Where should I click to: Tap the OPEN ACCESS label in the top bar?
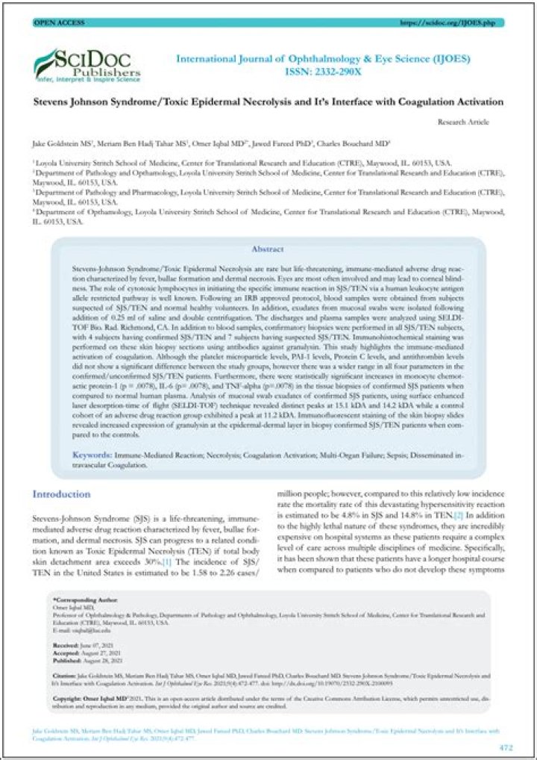coord(56,23)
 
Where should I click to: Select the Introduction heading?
coord(61,494)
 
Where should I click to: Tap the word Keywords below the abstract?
coord(92,454)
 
